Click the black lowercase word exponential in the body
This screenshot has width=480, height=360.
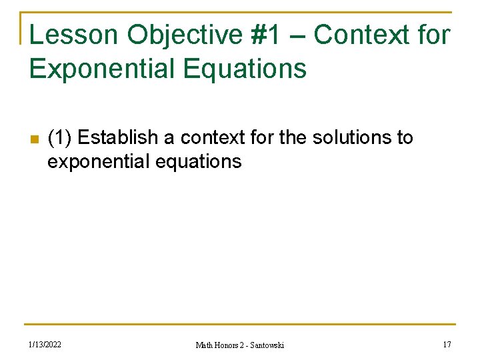tap(99, 161)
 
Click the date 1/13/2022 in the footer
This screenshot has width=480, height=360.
tap(45, 344)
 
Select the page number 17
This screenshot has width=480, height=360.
tap(446, 344)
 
